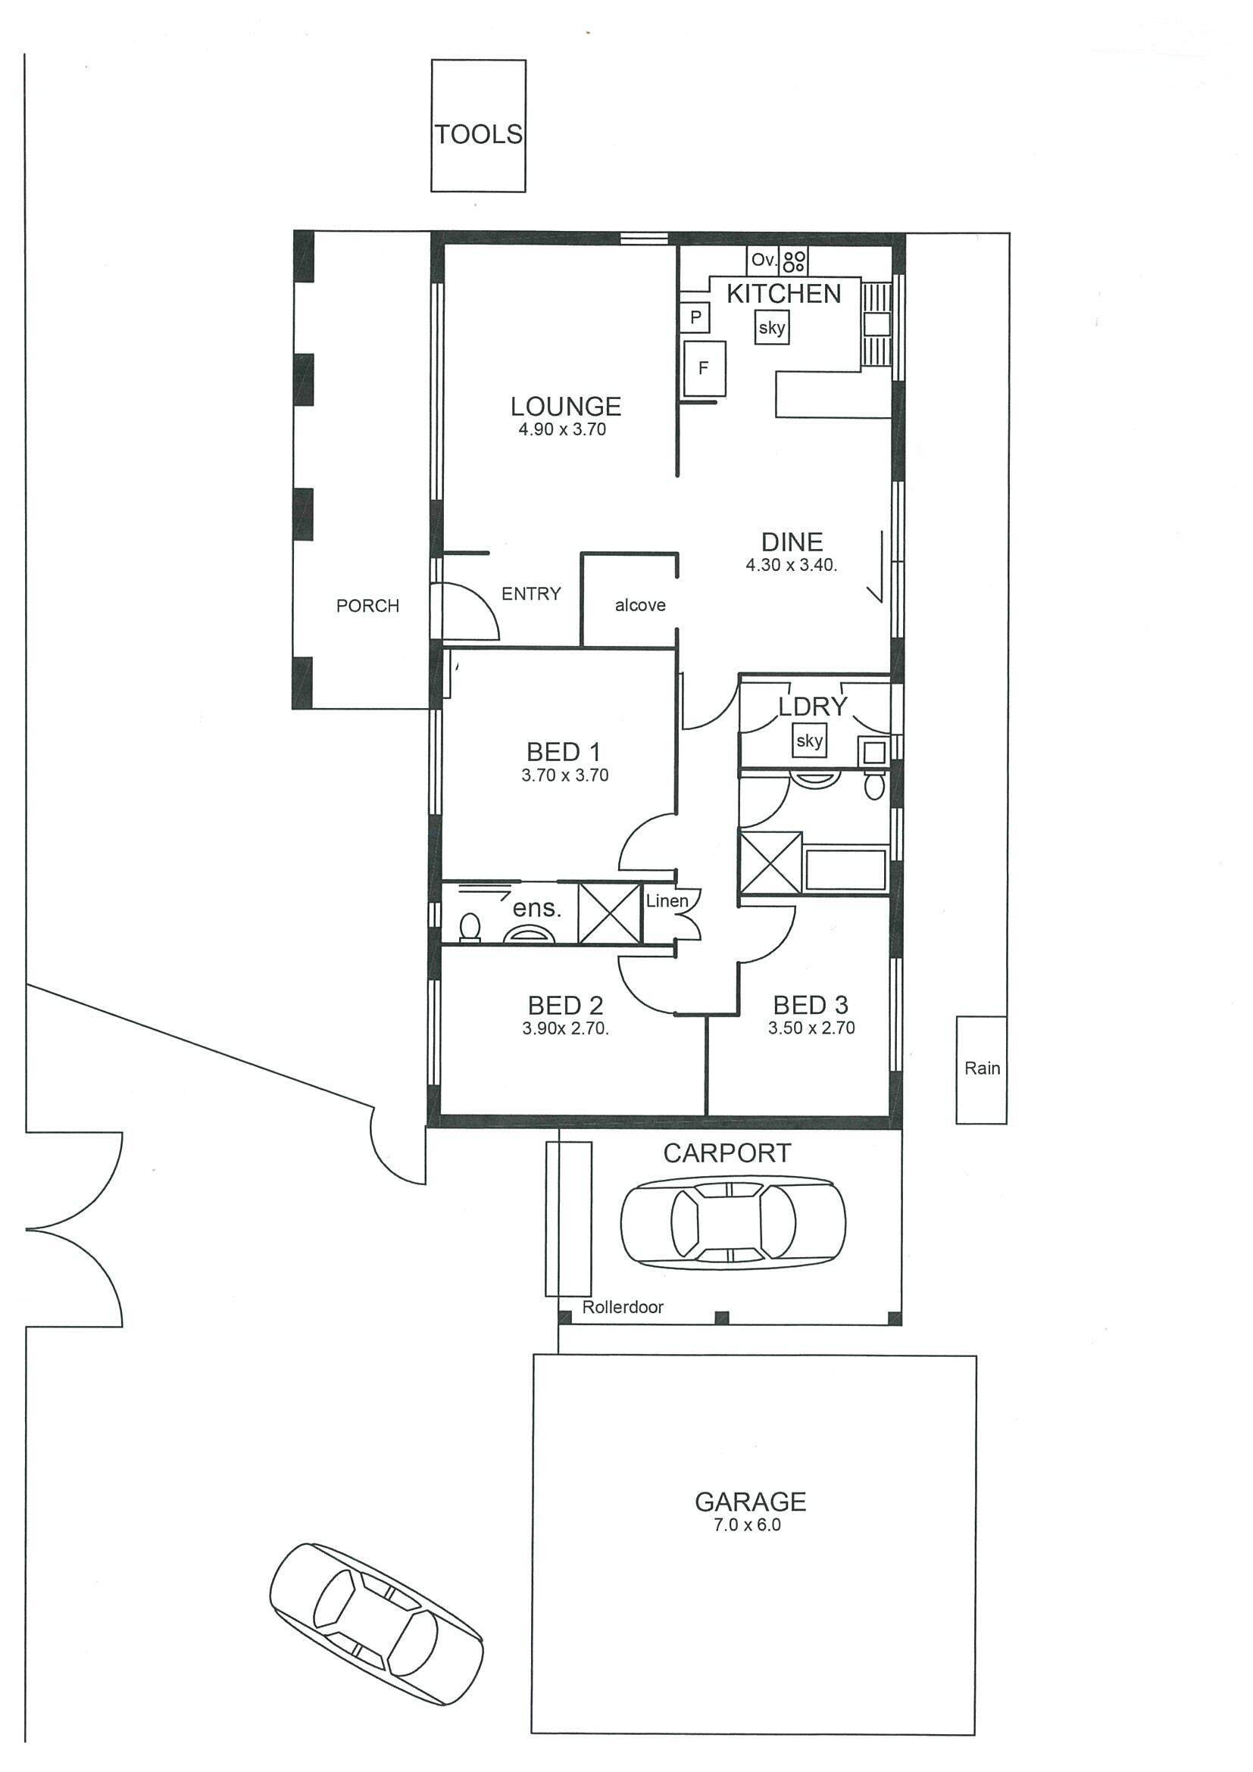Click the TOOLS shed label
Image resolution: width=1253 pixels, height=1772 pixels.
479,134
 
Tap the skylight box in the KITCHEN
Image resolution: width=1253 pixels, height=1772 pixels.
772,327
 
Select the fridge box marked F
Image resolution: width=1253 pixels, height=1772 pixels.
703,368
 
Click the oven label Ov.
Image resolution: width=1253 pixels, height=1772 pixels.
764,260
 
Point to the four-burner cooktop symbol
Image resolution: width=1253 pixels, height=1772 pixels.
795,260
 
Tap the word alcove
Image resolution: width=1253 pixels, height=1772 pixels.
640,605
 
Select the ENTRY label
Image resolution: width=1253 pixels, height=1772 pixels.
531,594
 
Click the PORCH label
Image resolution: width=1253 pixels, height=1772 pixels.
367,606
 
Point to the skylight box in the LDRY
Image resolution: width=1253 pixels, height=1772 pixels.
810,741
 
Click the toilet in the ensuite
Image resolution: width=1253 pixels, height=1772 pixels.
470,927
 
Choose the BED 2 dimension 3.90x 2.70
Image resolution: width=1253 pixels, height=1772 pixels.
566,1028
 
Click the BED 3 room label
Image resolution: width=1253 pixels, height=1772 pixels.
811,1005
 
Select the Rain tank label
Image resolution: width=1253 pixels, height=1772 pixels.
982,1069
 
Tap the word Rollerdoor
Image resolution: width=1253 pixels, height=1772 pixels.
623,1306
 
